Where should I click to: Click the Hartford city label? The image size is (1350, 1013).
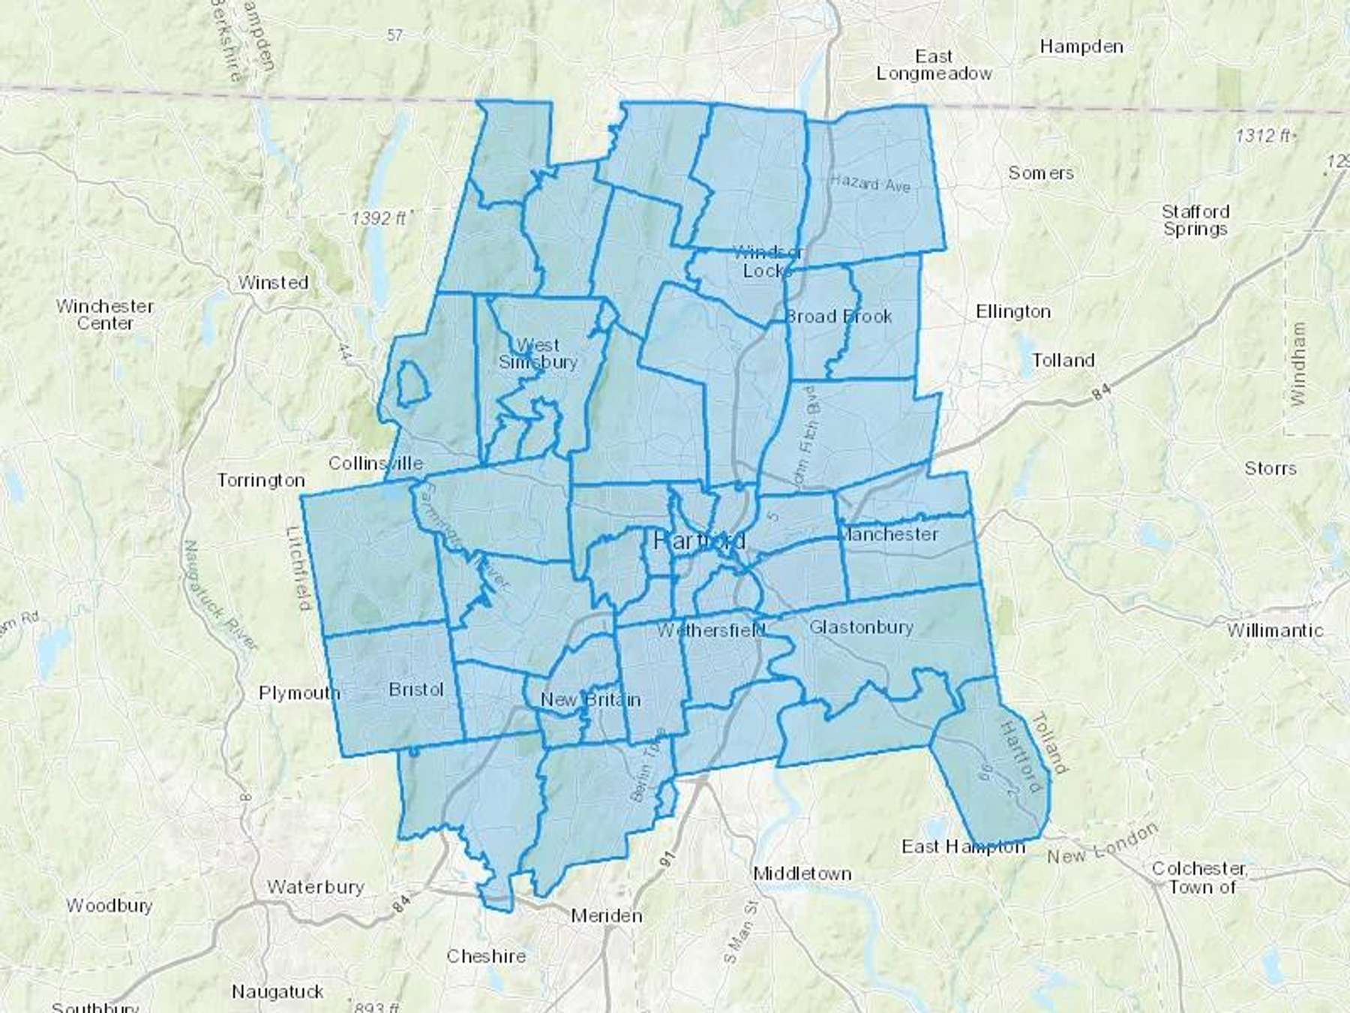pos(700,540)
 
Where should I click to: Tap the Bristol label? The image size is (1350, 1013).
pos(416,690)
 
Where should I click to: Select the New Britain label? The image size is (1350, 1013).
pos(590,699)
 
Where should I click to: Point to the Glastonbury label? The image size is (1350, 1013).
pos(861,627)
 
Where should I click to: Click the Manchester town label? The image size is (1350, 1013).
pos(889,534)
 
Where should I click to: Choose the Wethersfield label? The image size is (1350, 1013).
pos(711,630)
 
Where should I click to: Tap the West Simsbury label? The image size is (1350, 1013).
pos(538,353)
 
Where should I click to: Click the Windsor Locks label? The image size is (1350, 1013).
pos(766,261)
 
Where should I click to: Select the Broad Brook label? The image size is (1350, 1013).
pos(838,316)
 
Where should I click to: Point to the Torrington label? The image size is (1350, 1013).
pos(260,480)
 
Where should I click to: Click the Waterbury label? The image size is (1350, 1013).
pos(315,887)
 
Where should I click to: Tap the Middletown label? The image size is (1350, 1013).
pos(802,873)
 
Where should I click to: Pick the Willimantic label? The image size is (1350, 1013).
pos(1275,630)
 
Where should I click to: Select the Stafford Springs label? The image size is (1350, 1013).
pos(1195,220)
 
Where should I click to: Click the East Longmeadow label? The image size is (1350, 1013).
pos(934,65)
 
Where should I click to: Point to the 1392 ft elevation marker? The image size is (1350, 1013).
pos(379,218)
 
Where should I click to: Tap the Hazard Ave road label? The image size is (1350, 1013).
pos(870,182)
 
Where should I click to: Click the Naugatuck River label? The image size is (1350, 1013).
pos(221,597)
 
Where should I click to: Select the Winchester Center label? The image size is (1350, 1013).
pos(105,314)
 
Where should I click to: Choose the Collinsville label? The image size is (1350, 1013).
pos(376,463)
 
